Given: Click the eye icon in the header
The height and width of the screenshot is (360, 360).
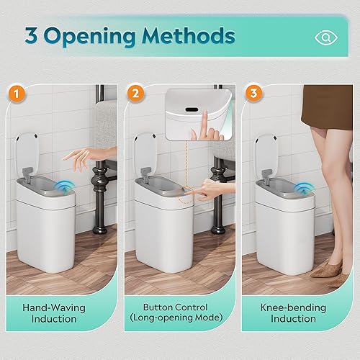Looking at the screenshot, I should tap(326, 37).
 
